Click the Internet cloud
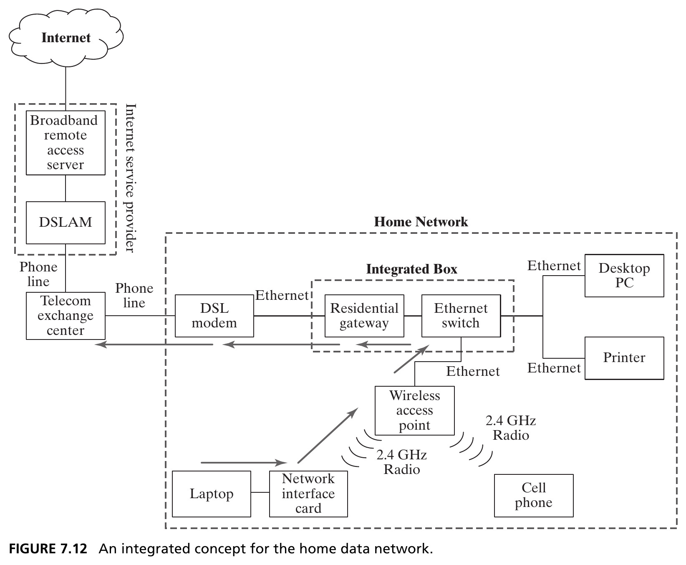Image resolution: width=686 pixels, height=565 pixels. point(66,38)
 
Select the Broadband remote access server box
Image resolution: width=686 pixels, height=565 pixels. point(66,143)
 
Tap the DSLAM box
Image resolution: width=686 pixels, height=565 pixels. point(66,223)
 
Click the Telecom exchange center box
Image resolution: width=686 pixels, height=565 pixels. point(66,316)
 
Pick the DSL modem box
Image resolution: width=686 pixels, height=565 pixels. point(214,316)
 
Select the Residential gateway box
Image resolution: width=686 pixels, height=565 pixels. point(364,316)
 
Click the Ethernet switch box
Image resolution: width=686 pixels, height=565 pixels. point(461,316)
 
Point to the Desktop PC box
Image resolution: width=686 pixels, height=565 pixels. point(624,276)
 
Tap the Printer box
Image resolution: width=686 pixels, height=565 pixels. point(624,358)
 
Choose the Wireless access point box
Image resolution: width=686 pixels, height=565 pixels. point(414,410)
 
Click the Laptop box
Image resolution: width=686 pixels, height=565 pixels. point(212,494)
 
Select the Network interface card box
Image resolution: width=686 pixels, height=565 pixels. point(308,494)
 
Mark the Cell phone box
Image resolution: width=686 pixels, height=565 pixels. point(534,495)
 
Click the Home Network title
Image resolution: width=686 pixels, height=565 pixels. point(421,222)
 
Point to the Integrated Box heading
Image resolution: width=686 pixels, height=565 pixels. point(412,269)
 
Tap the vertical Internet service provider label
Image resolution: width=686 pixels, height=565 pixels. point(131,178)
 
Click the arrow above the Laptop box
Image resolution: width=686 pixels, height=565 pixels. point(244,463)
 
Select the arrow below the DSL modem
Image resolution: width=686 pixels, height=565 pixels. point(280,345)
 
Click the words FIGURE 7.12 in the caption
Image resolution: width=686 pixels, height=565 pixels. point(48,548)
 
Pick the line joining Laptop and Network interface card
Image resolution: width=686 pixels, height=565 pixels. point(260,493)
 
